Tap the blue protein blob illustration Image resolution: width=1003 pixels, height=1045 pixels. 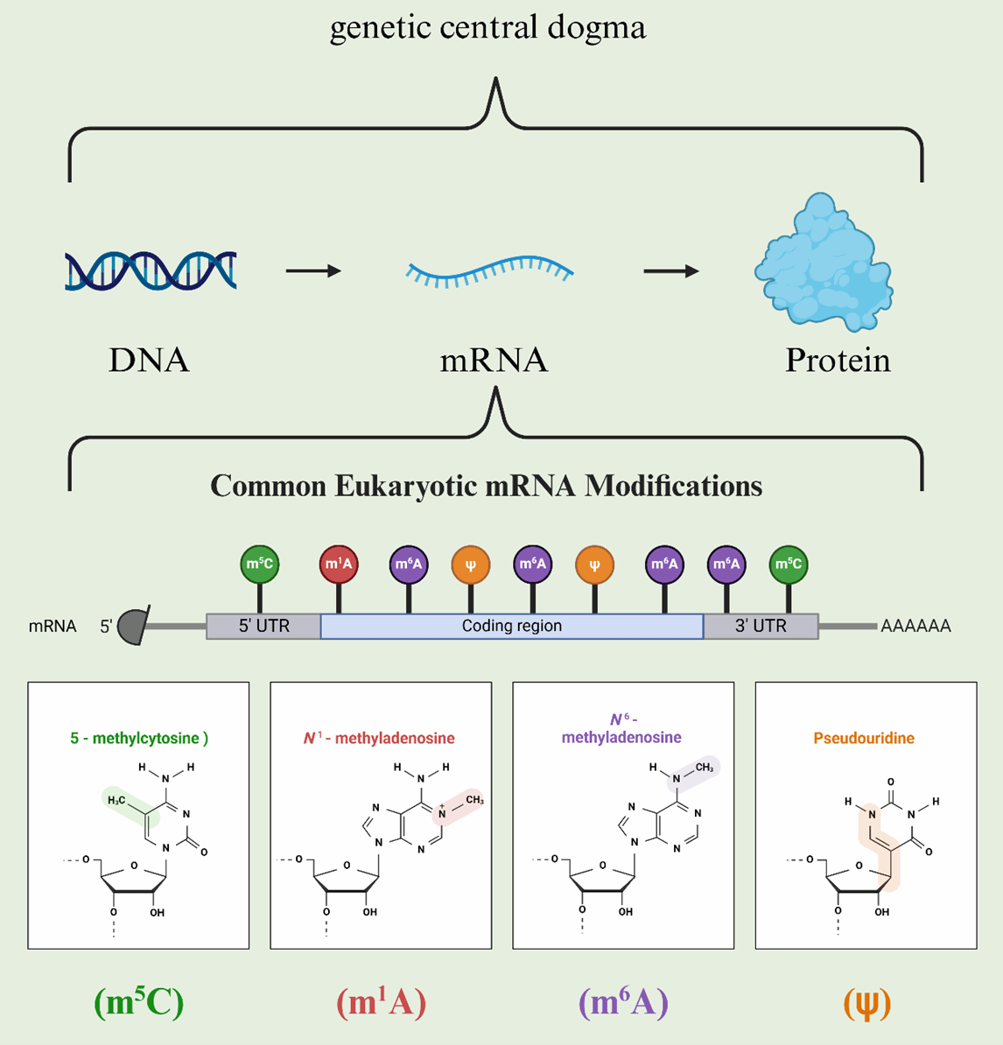pos(823,262)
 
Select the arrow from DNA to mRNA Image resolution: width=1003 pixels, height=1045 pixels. pos(313,271)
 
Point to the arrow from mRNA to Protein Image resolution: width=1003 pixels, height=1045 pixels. pos(670,271)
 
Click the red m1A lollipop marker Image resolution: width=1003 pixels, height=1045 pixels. pos(339,565)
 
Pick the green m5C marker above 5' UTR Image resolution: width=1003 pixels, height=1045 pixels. pos(259,565)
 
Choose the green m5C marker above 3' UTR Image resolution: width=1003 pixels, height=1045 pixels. pos(789,565)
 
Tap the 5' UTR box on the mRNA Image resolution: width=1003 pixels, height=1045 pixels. pos(263,626)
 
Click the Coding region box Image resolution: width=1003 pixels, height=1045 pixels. pos(512,626)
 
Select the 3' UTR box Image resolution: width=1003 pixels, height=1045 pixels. pos(761,626)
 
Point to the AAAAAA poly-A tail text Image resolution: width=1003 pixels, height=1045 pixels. pos(915,627)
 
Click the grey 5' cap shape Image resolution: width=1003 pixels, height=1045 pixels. pos(134,626)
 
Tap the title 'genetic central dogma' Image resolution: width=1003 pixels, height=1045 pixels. pos(487,28)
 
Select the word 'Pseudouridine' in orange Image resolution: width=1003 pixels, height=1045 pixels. pos(864,738)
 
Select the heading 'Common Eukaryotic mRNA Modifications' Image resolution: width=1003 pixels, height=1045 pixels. pos(487,486)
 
